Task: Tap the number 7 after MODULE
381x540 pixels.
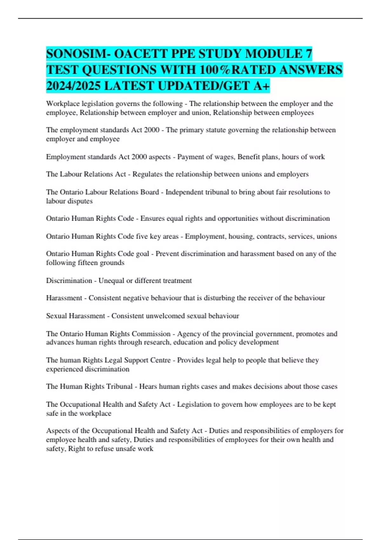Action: click(x=309, y=54)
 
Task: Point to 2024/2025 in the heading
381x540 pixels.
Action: click(x=73, y=86)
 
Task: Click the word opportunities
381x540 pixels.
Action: click(x=238, y=219)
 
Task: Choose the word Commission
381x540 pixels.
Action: click(x=151, y=334)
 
